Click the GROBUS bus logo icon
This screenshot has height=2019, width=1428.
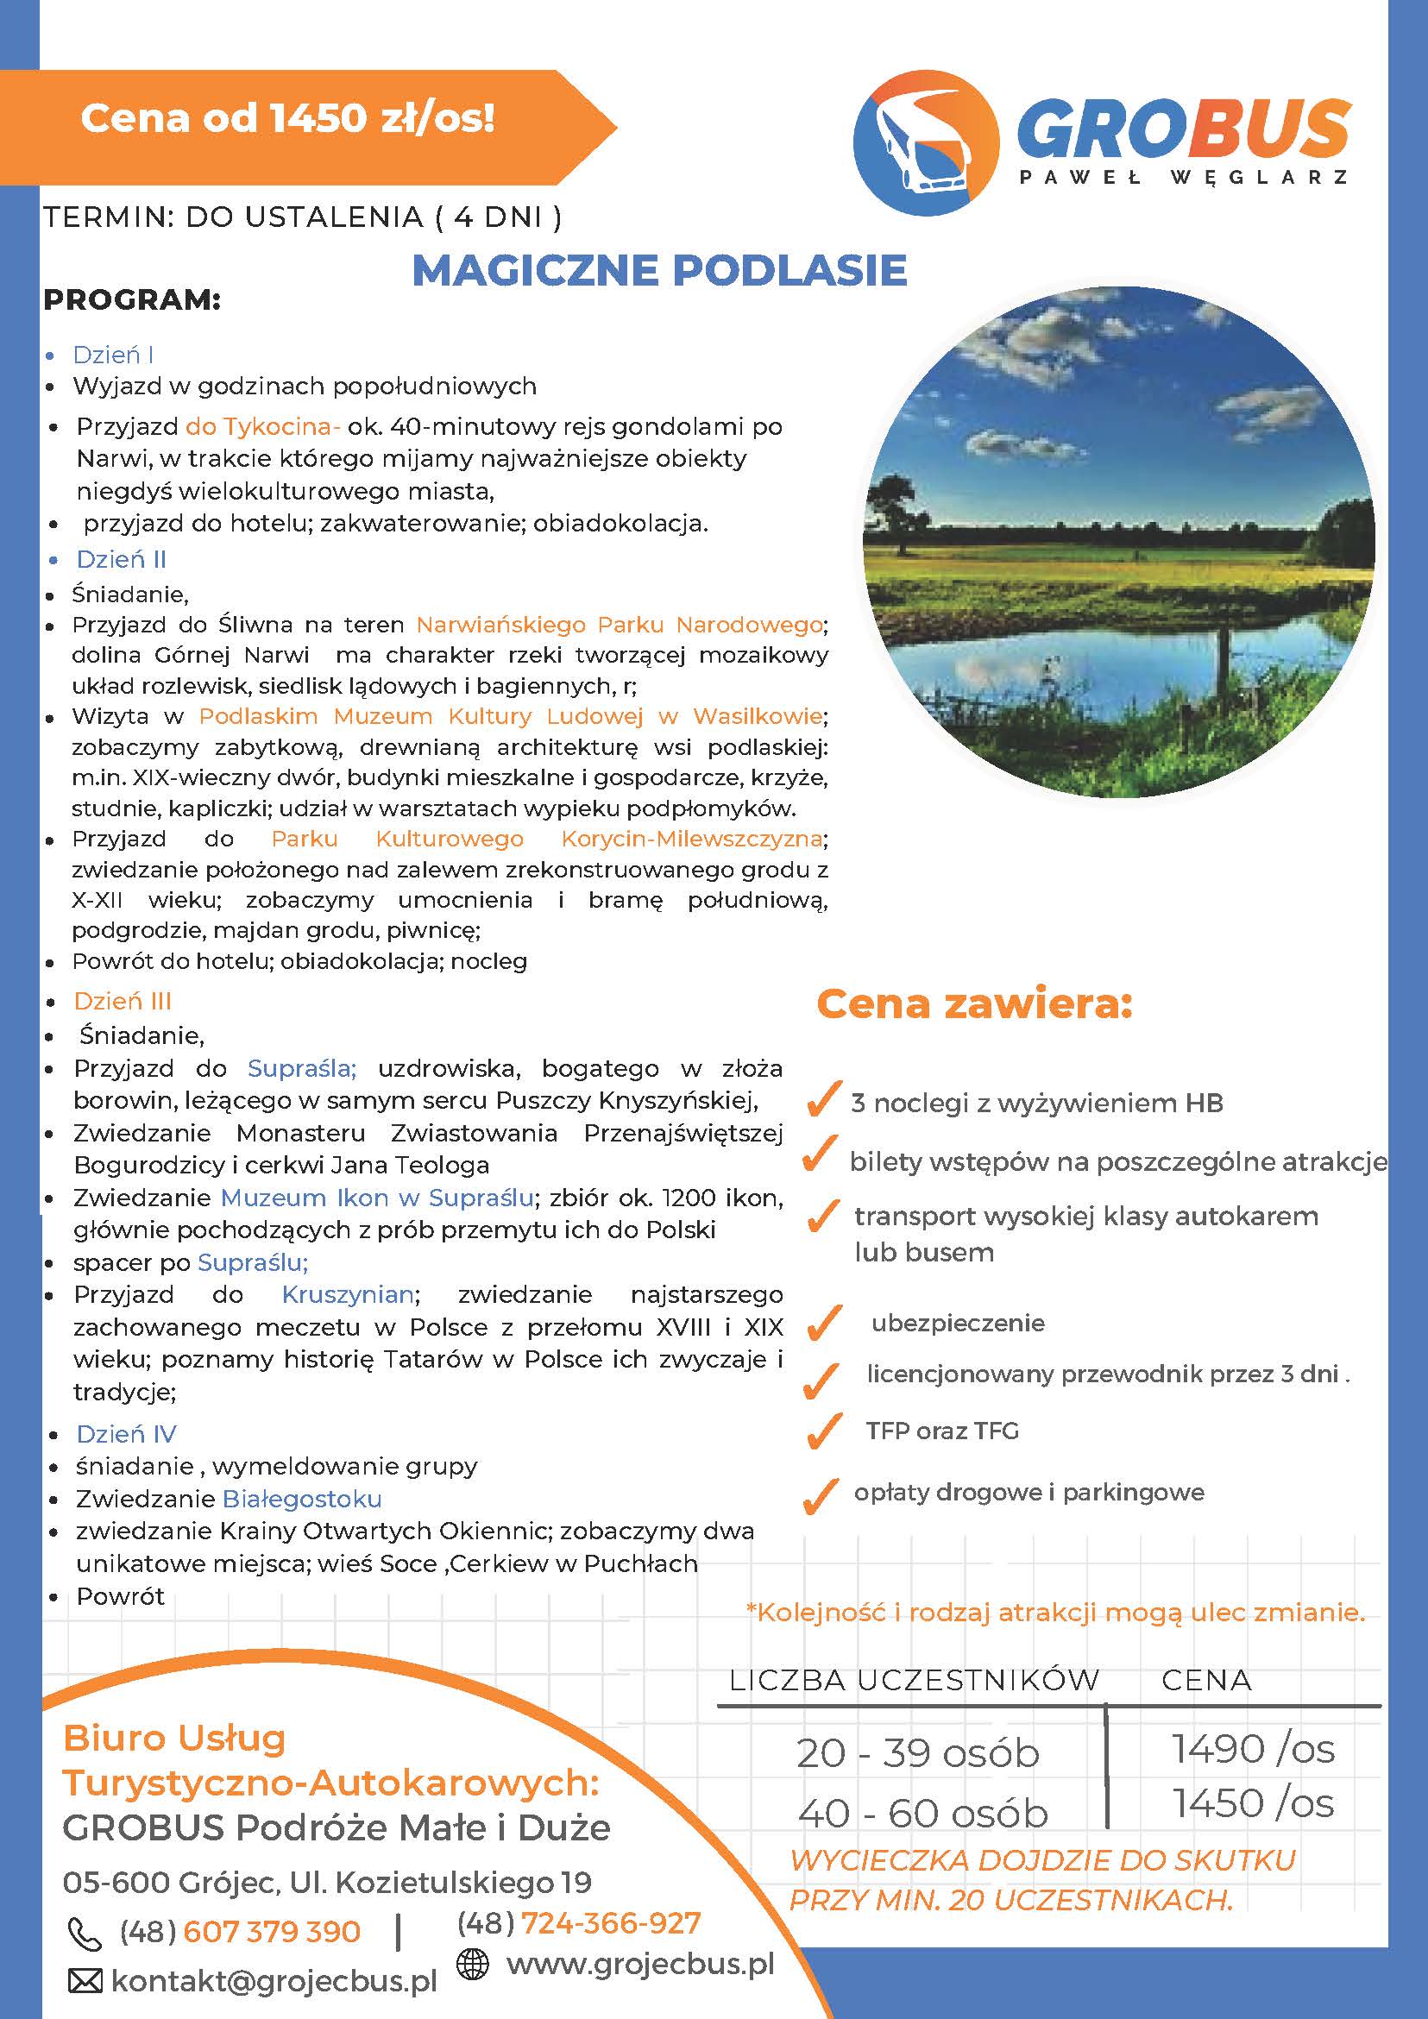click(x=926, y=147)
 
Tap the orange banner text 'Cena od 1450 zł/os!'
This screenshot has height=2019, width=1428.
click(x=287, y=118)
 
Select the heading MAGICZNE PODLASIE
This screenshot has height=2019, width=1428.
click(x=659, y=270)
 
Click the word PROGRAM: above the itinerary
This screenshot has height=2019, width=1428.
click(x=132, y=301)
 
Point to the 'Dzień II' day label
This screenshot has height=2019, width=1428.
click(x=122, y=560)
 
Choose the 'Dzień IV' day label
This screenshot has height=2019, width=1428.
click(x=126, y=1434)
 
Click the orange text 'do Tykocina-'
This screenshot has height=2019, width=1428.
click(x=263, y=427)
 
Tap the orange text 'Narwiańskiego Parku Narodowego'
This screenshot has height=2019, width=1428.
click(x=620, y=626)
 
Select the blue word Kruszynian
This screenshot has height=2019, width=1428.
click(x=349, y=1294)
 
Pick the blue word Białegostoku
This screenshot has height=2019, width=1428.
click(x=302, y=1500)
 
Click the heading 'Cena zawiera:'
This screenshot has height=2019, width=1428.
click(x=974, y=1004)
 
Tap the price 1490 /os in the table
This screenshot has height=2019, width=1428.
click(x=1252, y=1750)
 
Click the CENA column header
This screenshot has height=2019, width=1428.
click(x=1205, y=1681)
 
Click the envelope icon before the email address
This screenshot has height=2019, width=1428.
click(x=85, y=1981)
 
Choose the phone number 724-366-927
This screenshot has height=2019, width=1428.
click(x=611, y=1924)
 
